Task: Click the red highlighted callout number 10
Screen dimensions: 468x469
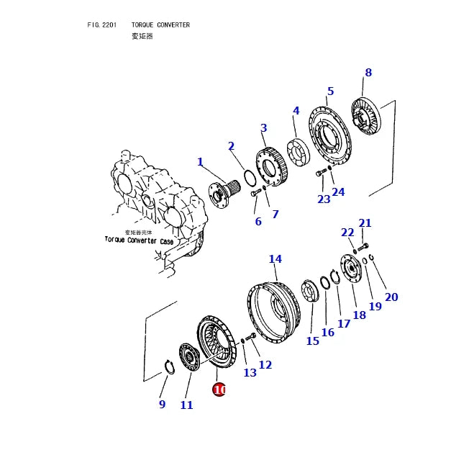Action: tap(219, 390)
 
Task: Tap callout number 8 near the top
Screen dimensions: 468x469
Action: tap(368, 73)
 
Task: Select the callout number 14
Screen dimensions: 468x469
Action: tap(275, 259)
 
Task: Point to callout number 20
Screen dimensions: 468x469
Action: tap(391, 297)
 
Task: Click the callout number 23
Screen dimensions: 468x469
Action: tap(324, 199)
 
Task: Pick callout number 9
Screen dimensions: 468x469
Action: tap(162, 405)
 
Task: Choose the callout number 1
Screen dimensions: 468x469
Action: tap(200, 162)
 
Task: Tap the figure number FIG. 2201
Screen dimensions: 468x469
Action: tap(101, 25)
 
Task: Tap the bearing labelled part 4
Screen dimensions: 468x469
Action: tap(296, 149)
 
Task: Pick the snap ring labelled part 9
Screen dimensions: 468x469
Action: tap(169, 369)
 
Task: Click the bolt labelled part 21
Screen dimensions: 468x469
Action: tap(363, 247)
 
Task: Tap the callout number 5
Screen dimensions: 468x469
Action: tap(330, 91)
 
